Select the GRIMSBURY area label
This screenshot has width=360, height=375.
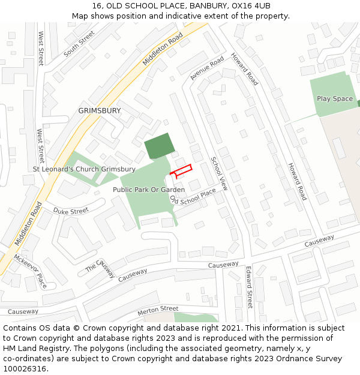[x=100, y=111]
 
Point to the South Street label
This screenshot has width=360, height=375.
[x=79, y=43]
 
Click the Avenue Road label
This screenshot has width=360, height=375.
[x=206, y=68]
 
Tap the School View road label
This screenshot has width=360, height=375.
[x=219, y=173]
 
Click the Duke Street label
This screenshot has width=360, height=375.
[x=71, y=211]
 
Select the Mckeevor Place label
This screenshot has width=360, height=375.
[x=30, y=272]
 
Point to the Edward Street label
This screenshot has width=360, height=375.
[x=250, y=287]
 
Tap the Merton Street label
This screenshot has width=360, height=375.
[x=158, y=309]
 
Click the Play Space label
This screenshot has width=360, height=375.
[x=335, y=98]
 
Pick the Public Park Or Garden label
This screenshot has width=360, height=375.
[x=149, y=190]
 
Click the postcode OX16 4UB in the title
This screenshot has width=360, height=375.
[x=251, y=6]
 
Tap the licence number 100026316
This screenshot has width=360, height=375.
[x=25, y=368]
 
